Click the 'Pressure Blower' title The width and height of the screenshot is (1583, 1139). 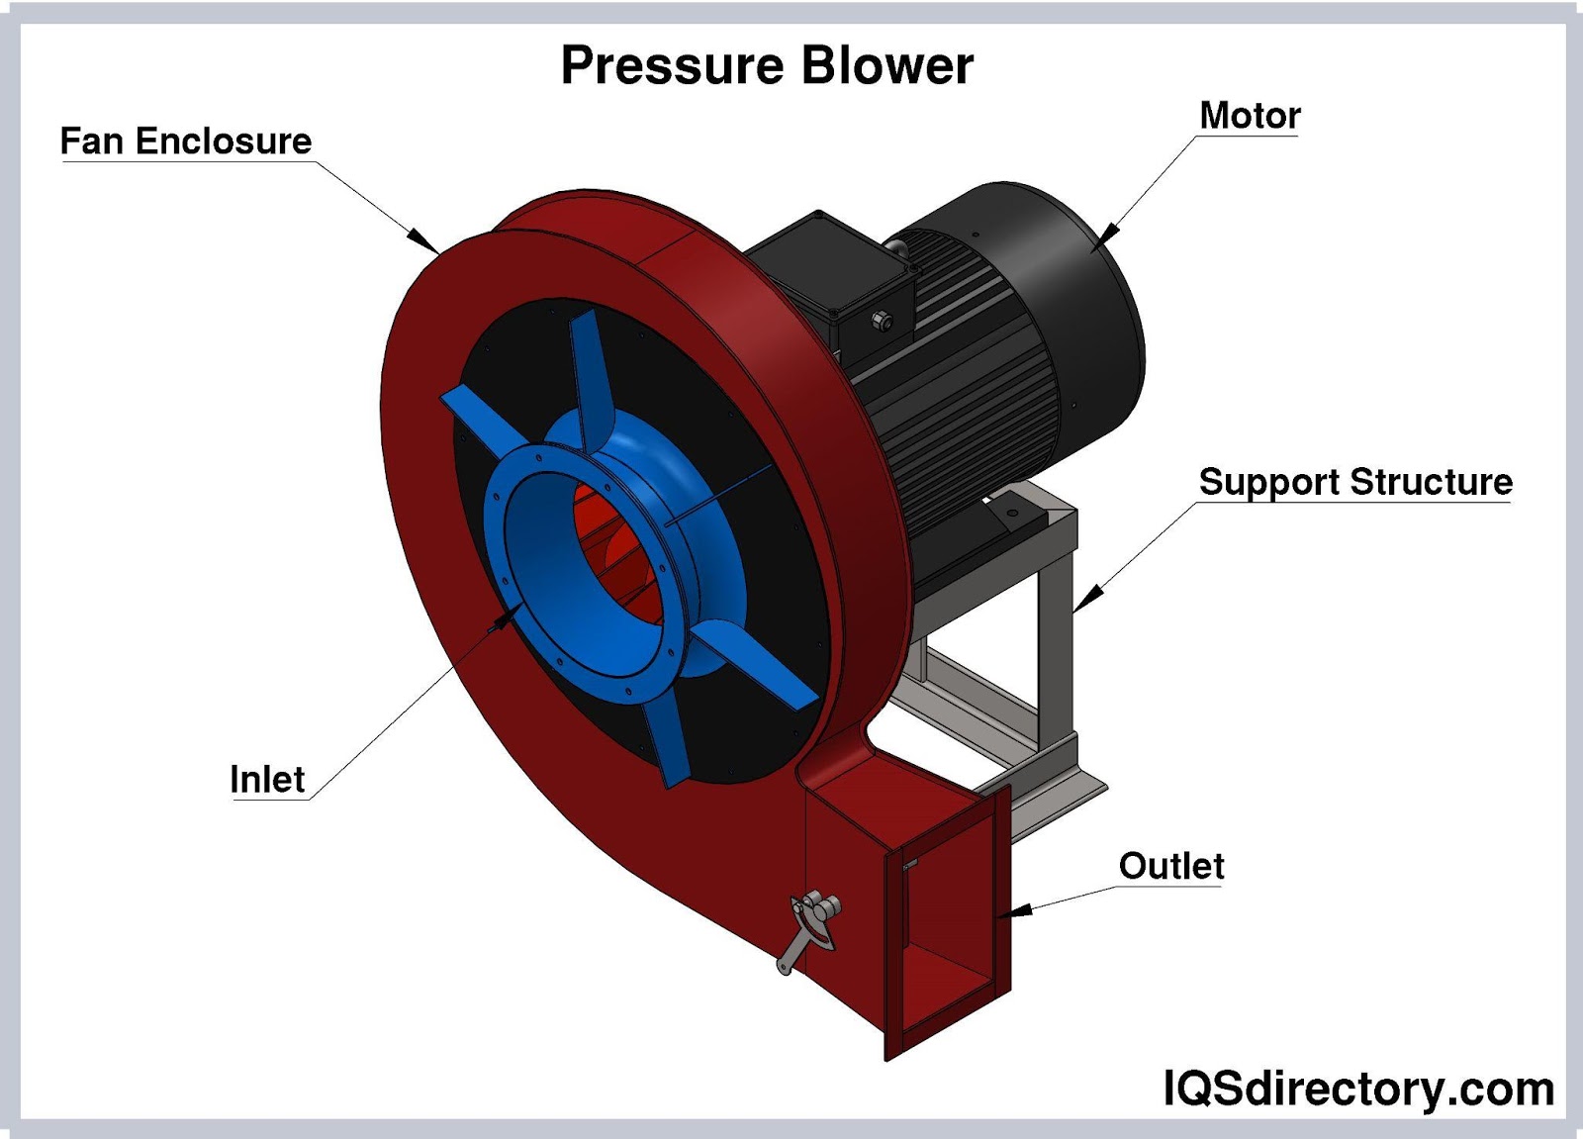coord(767,65)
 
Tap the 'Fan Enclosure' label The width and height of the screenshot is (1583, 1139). coord(186,141)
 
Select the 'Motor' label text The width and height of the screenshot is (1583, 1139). coord(1250,116)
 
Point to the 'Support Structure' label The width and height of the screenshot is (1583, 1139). coord(1355,482)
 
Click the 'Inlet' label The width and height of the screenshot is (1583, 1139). coord(267,780)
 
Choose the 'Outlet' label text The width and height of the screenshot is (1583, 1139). coord(1171,866)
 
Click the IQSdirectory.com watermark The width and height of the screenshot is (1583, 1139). coord(1358,1089)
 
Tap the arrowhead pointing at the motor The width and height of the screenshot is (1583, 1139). coord(1108,234)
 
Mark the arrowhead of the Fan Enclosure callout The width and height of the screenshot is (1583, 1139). coord(424,239)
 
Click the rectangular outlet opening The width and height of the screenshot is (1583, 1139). coord(945,950)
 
